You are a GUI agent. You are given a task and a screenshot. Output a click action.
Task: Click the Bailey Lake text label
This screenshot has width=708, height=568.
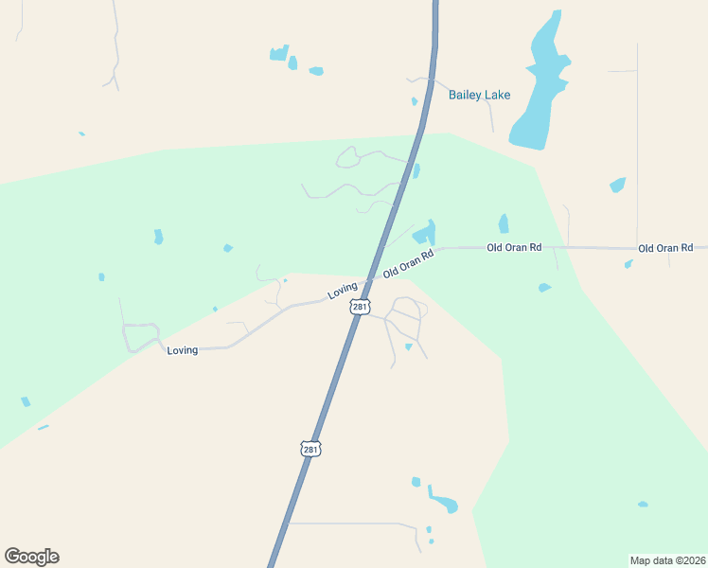tap(479, 95)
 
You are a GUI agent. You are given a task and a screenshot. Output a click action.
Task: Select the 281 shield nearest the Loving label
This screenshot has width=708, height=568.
tap(360, 307)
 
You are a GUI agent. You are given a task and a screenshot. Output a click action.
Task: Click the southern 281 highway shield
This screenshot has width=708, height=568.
tap(310, 449)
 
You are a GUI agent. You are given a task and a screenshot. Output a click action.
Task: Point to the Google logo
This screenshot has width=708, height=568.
tap(31, 557)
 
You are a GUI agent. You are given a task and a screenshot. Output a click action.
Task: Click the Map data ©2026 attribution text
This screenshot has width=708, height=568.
tap(667, 559)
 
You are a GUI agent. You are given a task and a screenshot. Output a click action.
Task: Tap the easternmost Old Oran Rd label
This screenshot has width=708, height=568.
tap(666, 248)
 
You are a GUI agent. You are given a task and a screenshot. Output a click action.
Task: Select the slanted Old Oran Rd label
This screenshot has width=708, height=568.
tap(408, 264)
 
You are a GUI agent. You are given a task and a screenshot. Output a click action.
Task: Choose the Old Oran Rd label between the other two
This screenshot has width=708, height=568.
tap(514, 247)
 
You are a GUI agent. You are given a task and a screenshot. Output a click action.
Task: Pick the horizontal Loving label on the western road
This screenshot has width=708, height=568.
tap(182, 350)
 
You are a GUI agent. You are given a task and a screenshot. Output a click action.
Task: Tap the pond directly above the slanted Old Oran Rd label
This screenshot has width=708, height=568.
tap(424, 233)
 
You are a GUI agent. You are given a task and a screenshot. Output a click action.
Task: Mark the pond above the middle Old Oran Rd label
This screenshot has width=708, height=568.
tap(504, 223)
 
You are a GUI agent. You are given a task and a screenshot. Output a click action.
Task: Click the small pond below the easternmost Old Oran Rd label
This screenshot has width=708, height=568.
tap(628, 264)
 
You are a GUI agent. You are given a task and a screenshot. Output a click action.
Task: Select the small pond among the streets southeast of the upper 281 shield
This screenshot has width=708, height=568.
tap(408, 347)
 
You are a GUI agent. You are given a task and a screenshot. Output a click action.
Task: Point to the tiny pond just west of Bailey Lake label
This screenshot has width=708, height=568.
tap(415, 101)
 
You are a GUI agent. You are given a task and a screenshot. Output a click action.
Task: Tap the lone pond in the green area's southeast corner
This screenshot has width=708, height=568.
tap(643, 504)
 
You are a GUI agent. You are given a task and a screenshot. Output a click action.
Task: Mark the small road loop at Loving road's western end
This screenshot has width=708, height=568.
tap(139, 335)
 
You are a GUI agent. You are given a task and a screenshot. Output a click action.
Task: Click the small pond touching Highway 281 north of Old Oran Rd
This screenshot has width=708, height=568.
tap(416, 171)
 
